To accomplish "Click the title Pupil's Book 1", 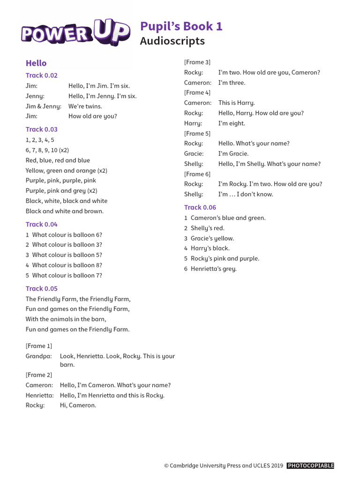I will tap(181, 26).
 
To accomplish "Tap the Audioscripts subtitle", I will tap(172, 41).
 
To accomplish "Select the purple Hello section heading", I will tap(36, 63).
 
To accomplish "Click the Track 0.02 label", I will tap(42, 75).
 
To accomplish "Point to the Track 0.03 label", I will tap(42, 129).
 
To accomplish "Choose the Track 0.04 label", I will tap(42, 225).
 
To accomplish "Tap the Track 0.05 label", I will tap(42, 289).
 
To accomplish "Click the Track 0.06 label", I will tap(200, 207).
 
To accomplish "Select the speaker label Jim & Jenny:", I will tap(43, 106).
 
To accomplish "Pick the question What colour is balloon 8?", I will tap(67, 265).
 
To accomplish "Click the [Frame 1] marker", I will tap(39, 346).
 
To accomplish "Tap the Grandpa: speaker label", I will tap(38, 356).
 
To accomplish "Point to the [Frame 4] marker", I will tap(197, 93).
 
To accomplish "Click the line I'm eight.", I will tap(232, 123).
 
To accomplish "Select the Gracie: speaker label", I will tap(194, 154).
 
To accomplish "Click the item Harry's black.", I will tap(210, 248).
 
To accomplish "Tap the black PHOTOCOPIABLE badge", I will tap(310, 465).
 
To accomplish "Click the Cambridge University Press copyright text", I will tap(224, 465).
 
